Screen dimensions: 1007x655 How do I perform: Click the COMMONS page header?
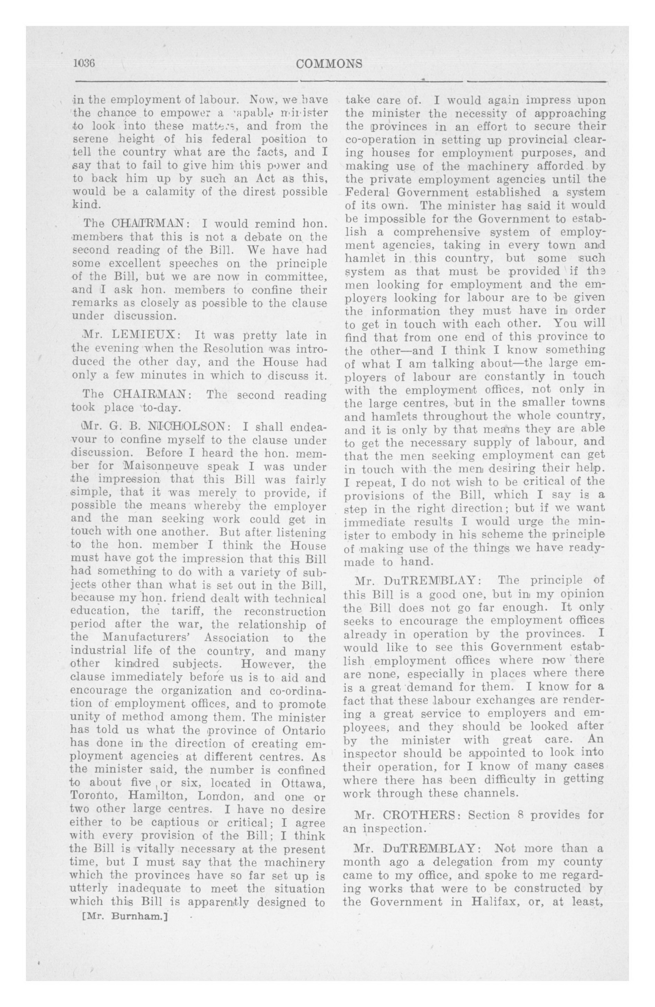330,63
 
